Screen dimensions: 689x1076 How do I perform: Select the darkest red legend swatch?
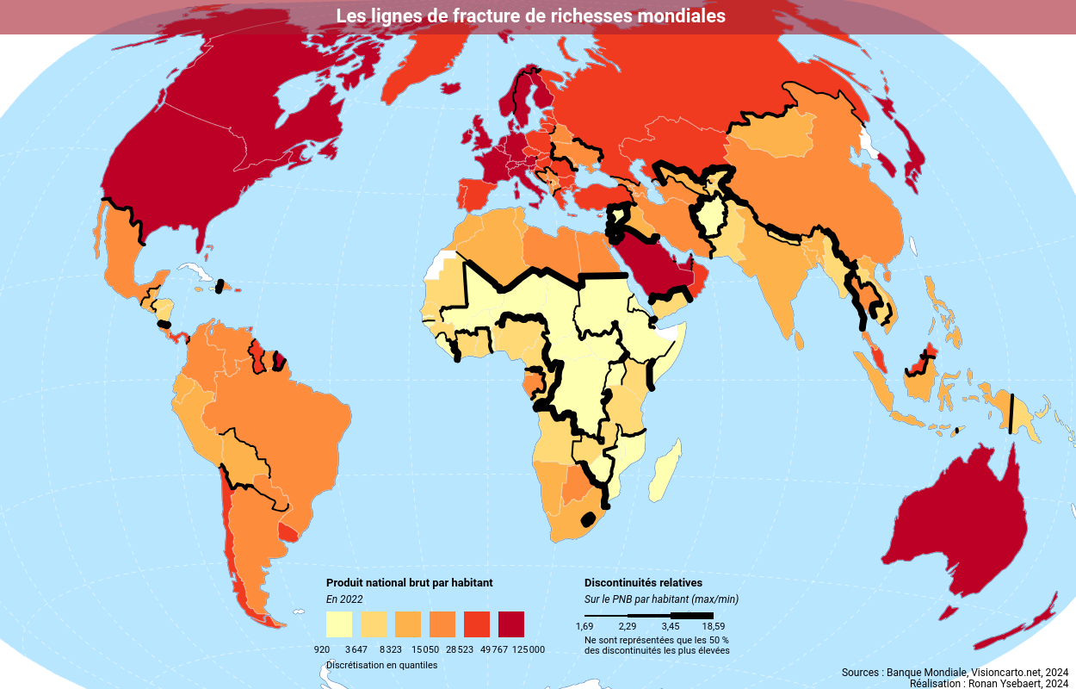coord(511,624)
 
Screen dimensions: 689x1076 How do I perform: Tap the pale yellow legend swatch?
coord(339,624)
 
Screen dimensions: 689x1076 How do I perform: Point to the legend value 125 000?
coord(529,649)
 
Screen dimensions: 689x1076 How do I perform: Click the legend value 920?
coord(322,649)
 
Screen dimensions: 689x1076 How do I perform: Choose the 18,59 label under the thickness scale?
coord(713,626)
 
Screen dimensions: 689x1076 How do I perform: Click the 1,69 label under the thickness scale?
coord(584,626)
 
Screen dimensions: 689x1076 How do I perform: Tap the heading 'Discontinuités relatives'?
coord(643,583)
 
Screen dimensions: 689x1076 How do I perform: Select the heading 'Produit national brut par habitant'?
coord(409,583)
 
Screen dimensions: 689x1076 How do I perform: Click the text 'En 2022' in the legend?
coord(344,599)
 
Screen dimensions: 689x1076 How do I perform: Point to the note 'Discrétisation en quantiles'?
coord(381,665)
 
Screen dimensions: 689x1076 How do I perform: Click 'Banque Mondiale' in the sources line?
coord(927,672)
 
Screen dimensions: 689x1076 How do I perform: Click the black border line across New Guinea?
coord(1011,413)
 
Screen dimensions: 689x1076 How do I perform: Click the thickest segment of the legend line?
coord(692,616)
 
